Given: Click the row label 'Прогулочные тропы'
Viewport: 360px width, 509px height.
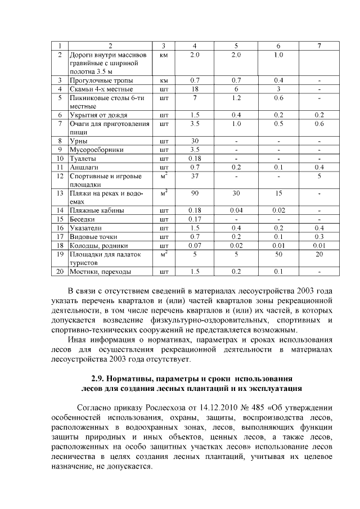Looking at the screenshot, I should pos(97,80).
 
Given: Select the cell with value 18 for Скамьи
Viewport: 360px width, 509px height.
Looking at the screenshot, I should pos(195,89).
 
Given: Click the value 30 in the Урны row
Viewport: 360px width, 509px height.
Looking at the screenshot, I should pos(195,141).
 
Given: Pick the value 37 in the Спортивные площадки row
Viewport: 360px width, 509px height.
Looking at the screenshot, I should pos(195,176).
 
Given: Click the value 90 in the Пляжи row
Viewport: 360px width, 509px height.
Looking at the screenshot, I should pos(195,193).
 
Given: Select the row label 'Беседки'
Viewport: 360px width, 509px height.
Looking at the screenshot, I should pos(82,219).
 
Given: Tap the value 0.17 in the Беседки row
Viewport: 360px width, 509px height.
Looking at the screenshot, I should pos(195,219).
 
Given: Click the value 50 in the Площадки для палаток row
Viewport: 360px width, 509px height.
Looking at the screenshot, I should pos(278,254).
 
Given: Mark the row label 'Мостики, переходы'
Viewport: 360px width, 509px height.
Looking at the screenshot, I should pos(100,272).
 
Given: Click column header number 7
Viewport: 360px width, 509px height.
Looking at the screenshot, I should pos(319,46).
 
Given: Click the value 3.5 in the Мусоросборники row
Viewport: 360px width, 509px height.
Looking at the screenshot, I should pos(195,150).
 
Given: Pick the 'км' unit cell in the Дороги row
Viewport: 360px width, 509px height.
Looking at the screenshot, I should pos(164,55).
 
